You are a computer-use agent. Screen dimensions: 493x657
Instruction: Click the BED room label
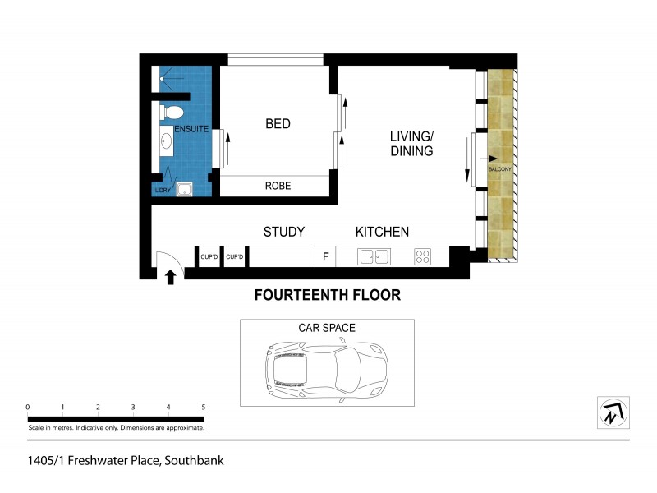(x=278, y=124)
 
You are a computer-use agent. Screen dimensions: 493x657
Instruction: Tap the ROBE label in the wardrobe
(x=278, y=186)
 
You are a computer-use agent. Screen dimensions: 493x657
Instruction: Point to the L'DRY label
(x=163, y=191)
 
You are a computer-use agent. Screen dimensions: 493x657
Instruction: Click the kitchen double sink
(x=374, y=256)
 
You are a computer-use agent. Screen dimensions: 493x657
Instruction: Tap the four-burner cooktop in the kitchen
(x=423, y=256)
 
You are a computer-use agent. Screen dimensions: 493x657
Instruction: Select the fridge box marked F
(x=325, y=257)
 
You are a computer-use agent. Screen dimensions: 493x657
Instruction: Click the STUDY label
(x=284, y=232)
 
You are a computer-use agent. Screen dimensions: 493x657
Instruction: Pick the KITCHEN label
(x=382, y=232)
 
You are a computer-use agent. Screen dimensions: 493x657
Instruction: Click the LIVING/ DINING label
(x=411, y=144)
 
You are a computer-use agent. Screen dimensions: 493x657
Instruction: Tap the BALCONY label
(x=500, y=169)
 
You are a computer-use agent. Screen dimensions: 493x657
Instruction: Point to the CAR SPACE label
(x=327, y=328)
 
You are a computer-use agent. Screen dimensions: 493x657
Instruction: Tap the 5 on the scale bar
(x=203, y=407)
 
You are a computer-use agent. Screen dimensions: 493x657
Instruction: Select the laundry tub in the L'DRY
(x=187, y=189)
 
